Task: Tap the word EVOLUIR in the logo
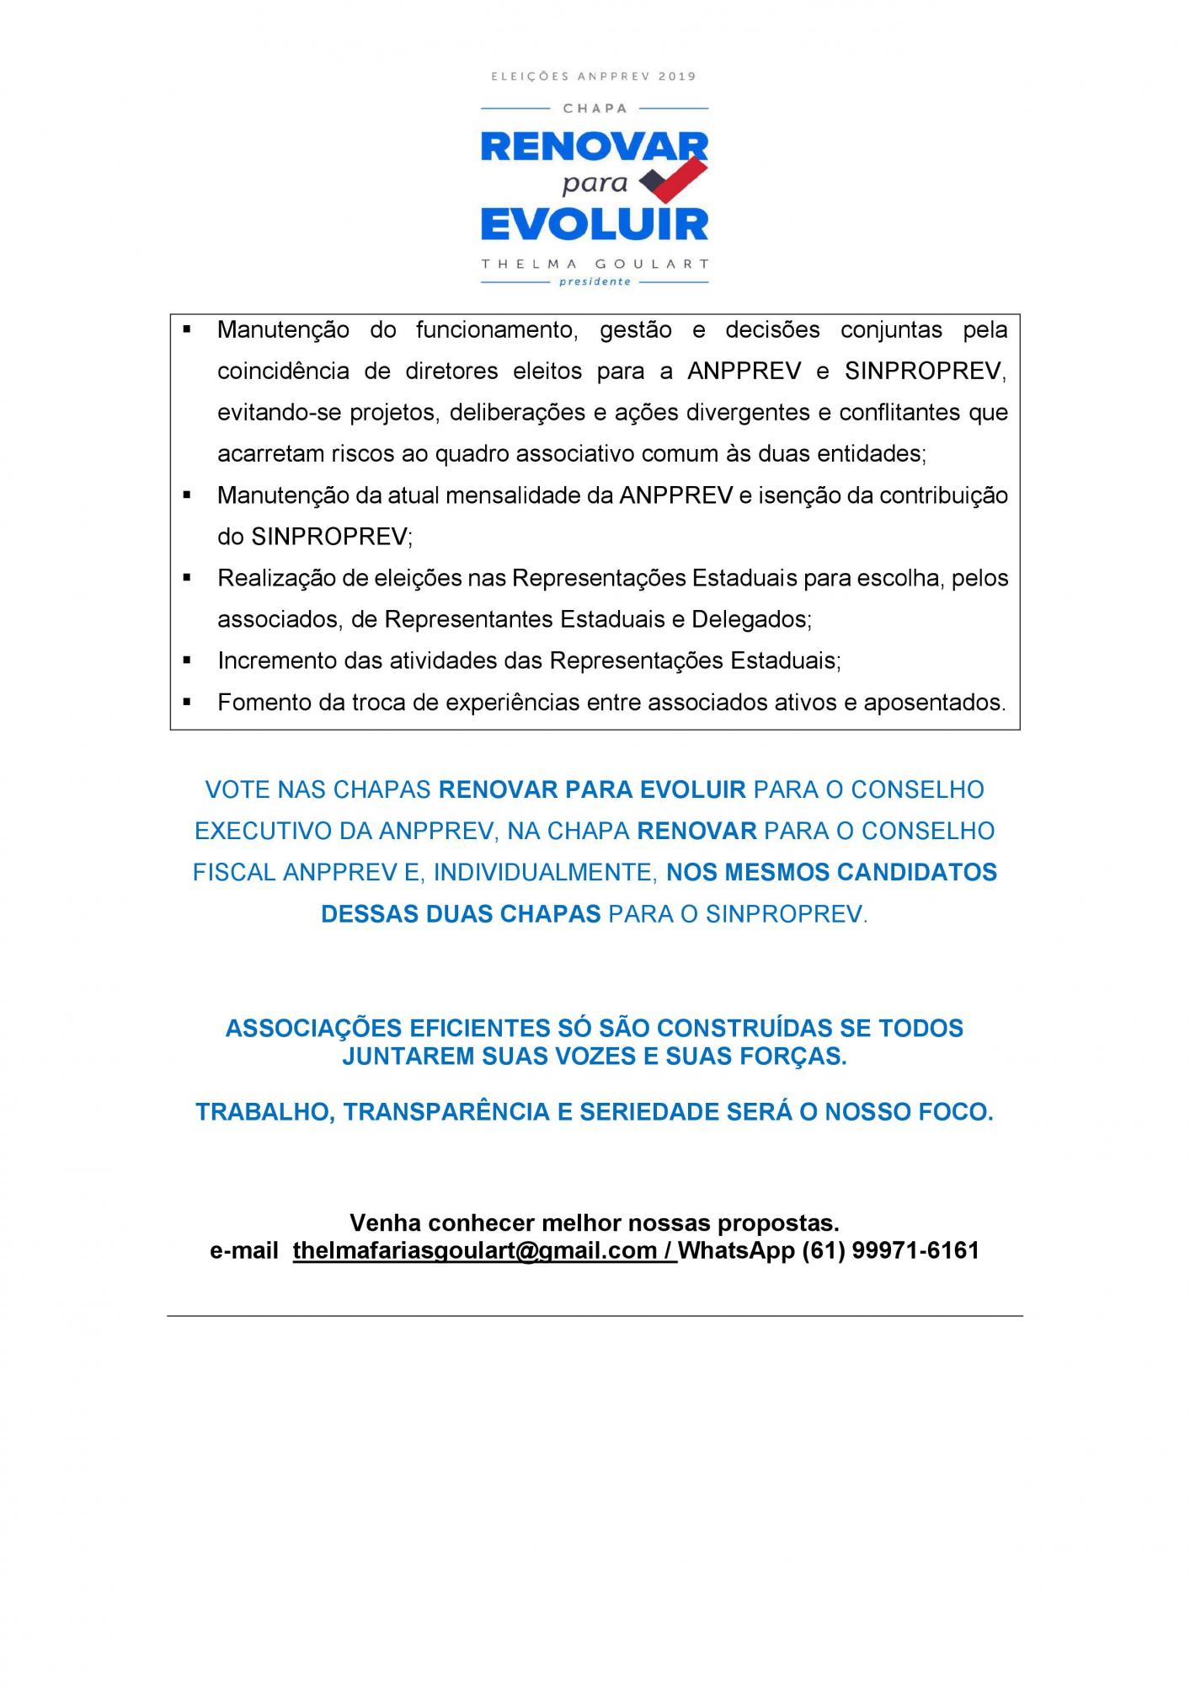click(595, 225)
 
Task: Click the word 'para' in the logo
click(595, 184)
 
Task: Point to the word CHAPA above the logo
click(595, 109)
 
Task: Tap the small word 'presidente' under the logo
click(595, 281)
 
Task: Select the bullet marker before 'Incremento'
click(187, 661)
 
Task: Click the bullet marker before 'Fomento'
click(187, 702)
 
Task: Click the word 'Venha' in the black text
click(386, 1222)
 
